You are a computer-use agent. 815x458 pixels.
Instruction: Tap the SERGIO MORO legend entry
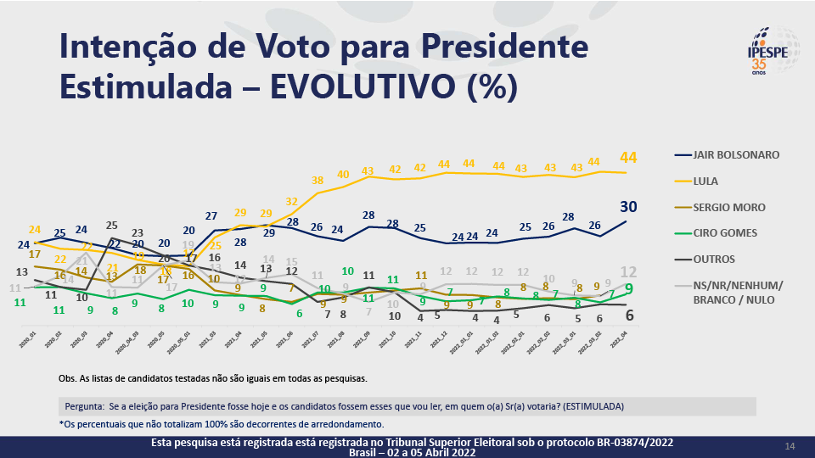(728, 207)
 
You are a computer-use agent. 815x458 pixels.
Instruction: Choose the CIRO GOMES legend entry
(724, 232)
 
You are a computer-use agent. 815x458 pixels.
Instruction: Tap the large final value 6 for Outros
(629, 316)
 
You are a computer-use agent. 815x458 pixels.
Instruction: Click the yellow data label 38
(318, 181)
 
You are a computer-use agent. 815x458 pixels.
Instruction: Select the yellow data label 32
(291, 202)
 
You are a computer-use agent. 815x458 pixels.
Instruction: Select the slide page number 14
(790, 446)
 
